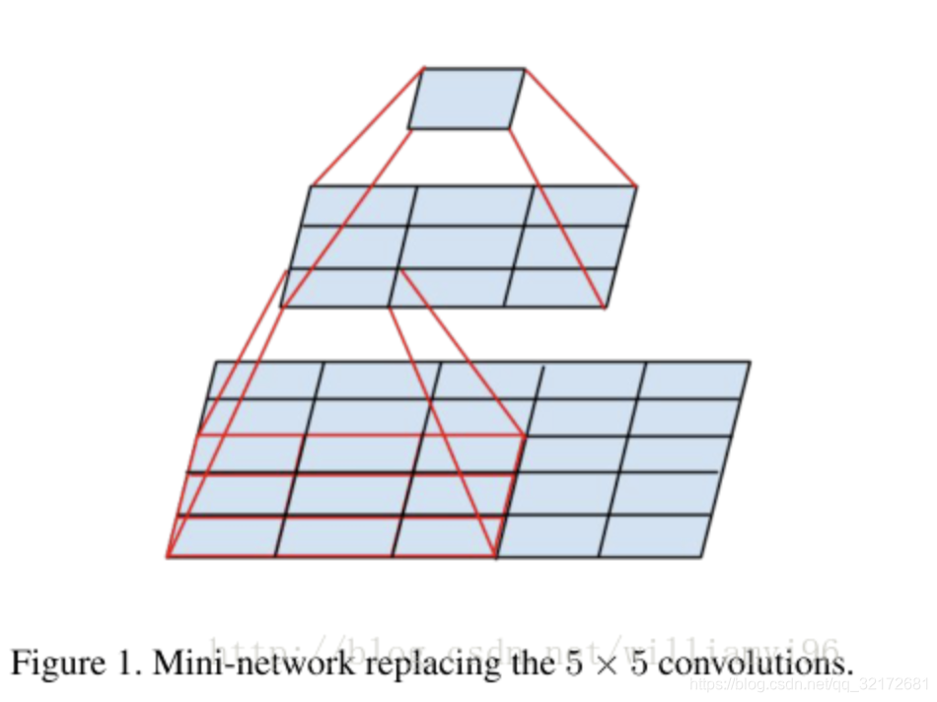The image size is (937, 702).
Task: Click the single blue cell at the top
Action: [467, 99]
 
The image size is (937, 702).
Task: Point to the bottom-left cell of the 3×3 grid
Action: [338, 287]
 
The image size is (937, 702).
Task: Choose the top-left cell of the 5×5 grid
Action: [263, 380]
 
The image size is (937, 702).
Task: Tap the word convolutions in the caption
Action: [755, 663]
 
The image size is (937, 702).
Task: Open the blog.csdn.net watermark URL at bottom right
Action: [809, 683]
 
